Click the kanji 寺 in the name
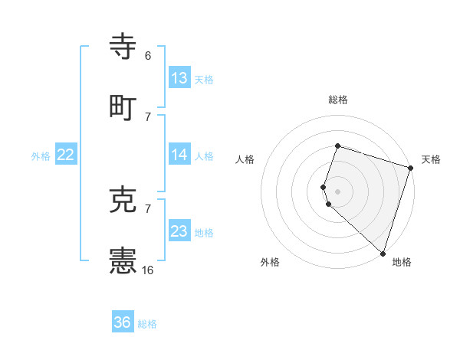[x=123, y=47]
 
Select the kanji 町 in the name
[x=123, y=106]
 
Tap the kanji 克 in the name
[x=123, y=201]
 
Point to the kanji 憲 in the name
[x=123, y=262]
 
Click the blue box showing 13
[x=179, y=78]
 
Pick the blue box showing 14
[x=179, y=155]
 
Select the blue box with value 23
[x=179, y=231]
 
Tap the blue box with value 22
[x=66, y=155]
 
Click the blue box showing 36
[x=123, y=322]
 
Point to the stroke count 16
[x=148, y=270]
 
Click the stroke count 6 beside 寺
[x=148, y=56]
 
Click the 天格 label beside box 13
[x=204, y=80]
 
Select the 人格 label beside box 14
[x=204, y=156]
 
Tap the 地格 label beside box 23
[x=204, y=233]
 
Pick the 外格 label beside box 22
[x=41, y=156]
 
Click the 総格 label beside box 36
[x=147, y=324]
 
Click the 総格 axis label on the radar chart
[x=338, y=100]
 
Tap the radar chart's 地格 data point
[x=383, y=253]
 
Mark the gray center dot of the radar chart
[x=338, y=191]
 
